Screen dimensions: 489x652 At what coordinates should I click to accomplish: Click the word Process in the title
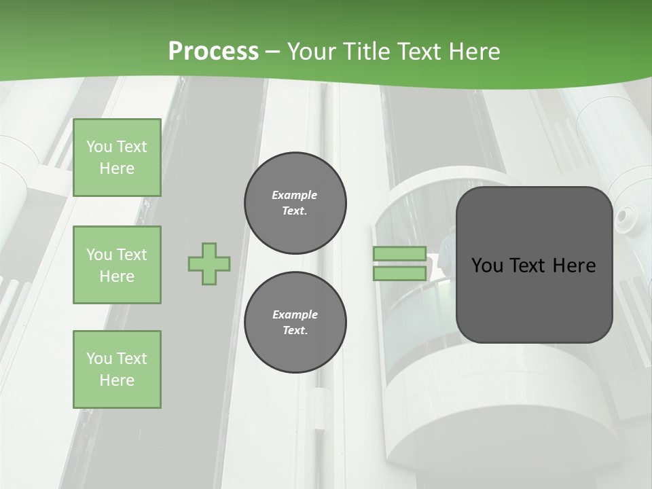(213, 51)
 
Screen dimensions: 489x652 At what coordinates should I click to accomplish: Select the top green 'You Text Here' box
(117, 158)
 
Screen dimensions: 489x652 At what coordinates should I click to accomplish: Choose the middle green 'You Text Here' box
(117, 265)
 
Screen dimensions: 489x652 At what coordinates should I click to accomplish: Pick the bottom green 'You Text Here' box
(117, 369)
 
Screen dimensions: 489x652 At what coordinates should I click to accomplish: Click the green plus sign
(209, 264)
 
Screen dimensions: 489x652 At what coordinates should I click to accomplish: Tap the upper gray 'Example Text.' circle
(295, 203)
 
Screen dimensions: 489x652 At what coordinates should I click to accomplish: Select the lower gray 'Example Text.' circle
(295, 323)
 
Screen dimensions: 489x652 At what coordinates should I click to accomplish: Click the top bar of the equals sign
(399, 254)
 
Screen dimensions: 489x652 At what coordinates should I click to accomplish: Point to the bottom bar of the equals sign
(399, 274)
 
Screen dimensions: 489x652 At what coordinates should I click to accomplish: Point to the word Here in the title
(473, 51)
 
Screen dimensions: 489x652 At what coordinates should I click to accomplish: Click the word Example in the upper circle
(294, 195)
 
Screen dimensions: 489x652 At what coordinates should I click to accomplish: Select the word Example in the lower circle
(295, 314)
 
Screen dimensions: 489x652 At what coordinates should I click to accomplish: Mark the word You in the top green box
(99, 147)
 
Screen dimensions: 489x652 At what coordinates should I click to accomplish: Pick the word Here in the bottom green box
(117, 380)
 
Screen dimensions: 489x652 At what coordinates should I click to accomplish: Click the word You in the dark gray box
(487, 266)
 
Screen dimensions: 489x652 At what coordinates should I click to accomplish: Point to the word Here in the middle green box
(117, 276)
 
